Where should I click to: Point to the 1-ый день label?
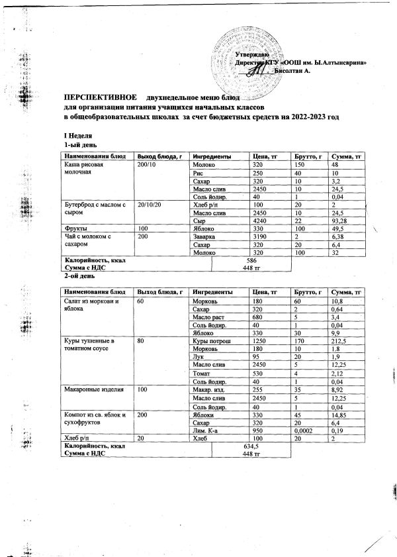(x=75, y=144)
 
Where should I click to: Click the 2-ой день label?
(x=75, y=276)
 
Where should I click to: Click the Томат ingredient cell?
(x=201, y=374)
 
